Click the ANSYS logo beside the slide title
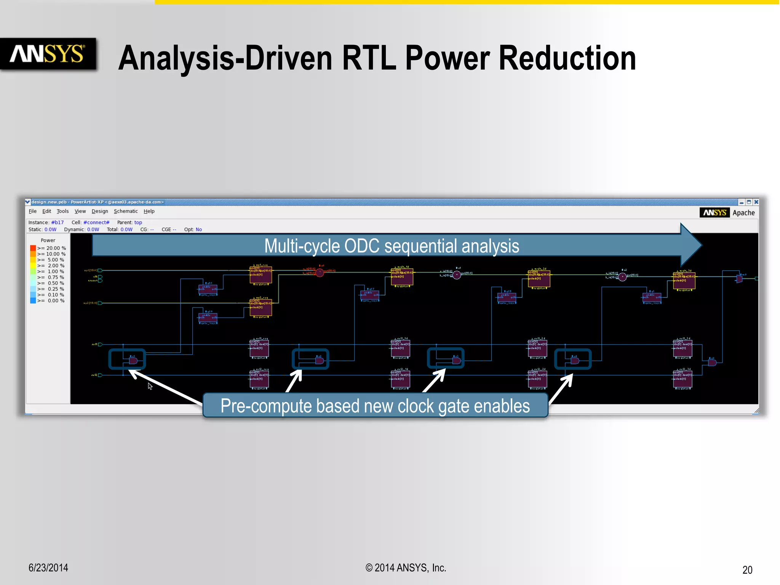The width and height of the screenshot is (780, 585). click(47, 54)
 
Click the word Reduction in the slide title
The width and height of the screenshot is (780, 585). click(567, 58)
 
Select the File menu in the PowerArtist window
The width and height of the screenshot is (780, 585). click(33, 211)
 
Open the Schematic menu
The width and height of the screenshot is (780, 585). click(126, 211)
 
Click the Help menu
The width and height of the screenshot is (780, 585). click(149, 211)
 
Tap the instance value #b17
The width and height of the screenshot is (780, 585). click(58, 222)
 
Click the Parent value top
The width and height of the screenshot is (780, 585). click(138, 222)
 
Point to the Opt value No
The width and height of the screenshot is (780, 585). click(199, 230)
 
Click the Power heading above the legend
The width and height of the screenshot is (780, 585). click(48, 240)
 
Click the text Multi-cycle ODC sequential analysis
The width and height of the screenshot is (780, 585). click(392, 246)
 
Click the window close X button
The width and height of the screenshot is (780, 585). click(756, 202)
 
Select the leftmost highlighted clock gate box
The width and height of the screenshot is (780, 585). click(127, 359)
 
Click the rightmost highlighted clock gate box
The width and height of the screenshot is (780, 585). click(572, 359)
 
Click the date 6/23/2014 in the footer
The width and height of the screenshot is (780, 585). click(48, 568)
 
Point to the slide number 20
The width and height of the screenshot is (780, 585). click(747, 570)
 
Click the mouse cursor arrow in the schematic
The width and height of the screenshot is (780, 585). click(150, 386)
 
